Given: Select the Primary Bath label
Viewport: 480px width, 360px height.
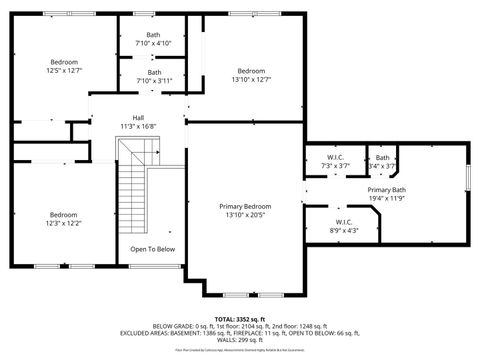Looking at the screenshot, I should [x=386, y=190].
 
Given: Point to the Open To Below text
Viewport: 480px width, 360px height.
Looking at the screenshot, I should [x=152, y=249].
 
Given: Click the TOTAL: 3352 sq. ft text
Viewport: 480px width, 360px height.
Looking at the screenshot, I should [x=240, y=318].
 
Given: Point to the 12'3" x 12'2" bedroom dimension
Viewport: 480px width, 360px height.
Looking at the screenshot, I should [x=64, y=222].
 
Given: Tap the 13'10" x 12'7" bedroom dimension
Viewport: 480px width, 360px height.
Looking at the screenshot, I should [x=251, y=79].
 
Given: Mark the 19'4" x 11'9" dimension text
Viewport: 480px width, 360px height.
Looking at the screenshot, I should [x=386, y=198].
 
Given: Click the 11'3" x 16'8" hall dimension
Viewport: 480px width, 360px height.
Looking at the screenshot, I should [x=138, y=126].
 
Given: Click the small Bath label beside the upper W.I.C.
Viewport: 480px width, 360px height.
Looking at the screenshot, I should [x=382, y=157].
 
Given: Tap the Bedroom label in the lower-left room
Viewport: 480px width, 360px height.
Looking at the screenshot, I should [x=64, y=214].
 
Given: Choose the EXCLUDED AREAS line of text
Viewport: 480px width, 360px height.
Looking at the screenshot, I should [x=240, y=333].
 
